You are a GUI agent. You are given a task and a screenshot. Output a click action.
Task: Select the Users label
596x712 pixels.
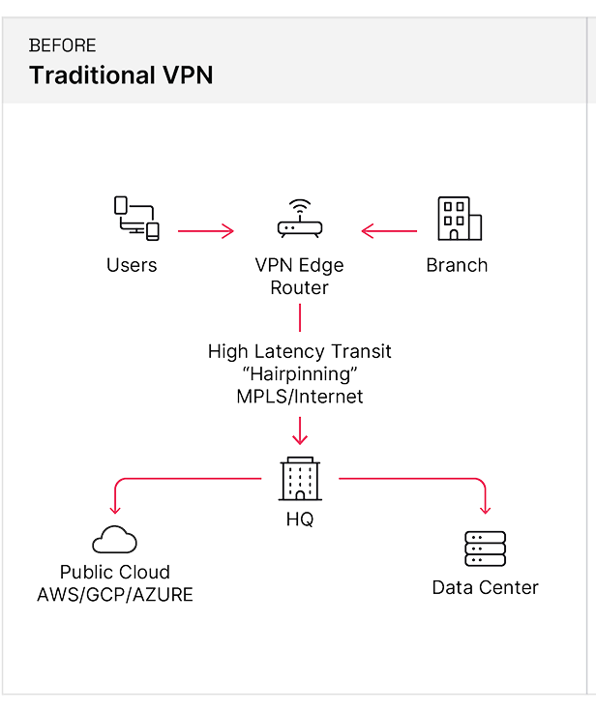coord(132,265)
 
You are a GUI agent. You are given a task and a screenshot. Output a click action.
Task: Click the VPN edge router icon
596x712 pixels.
coord(299,222)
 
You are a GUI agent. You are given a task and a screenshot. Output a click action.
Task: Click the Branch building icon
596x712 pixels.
coord(455,219)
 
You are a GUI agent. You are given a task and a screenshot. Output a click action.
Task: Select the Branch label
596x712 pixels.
coord(457,265)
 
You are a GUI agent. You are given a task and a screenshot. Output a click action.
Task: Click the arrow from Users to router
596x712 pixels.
coord(205,231)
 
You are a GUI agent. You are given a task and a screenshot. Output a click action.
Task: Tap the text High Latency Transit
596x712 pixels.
coord(300,352)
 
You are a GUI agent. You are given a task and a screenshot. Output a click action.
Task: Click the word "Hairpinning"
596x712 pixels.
coord(300,374)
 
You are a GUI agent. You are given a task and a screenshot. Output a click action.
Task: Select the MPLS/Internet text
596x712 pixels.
coord(300,397)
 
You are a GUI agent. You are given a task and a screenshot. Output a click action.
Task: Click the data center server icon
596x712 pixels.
coord(485,549)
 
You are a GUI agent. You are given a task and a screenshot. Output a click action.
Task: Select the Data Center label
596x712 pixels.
coord(485,587)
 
